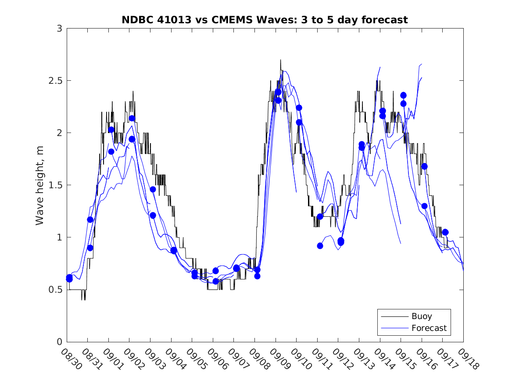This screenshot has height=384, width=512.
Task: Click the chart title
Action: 265,20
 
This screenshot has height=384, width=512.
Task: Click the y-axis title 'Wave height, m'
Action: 40,185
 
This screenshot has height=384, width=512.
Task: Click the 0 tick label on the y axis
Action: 59,342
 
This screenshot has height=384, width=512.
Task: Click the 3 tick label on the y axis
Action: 59,29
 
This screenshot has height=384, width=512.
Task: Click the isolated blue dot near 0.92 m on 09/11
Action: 320,246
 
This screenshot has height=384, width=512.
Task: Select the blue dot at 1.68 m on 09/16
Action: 424,166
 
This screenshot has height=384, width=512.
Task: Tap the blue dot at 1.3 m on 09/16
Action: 424,206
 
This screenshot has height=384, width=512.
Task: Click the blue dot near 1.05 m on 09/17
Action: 445,232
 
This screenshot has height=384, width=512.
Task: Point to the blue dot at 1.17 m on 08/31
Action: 90,219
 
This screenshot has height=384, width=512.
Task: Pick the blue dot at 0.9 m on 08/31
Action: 90,248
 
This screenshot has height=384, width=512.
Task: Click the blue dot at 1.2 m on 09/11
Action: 320,216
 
